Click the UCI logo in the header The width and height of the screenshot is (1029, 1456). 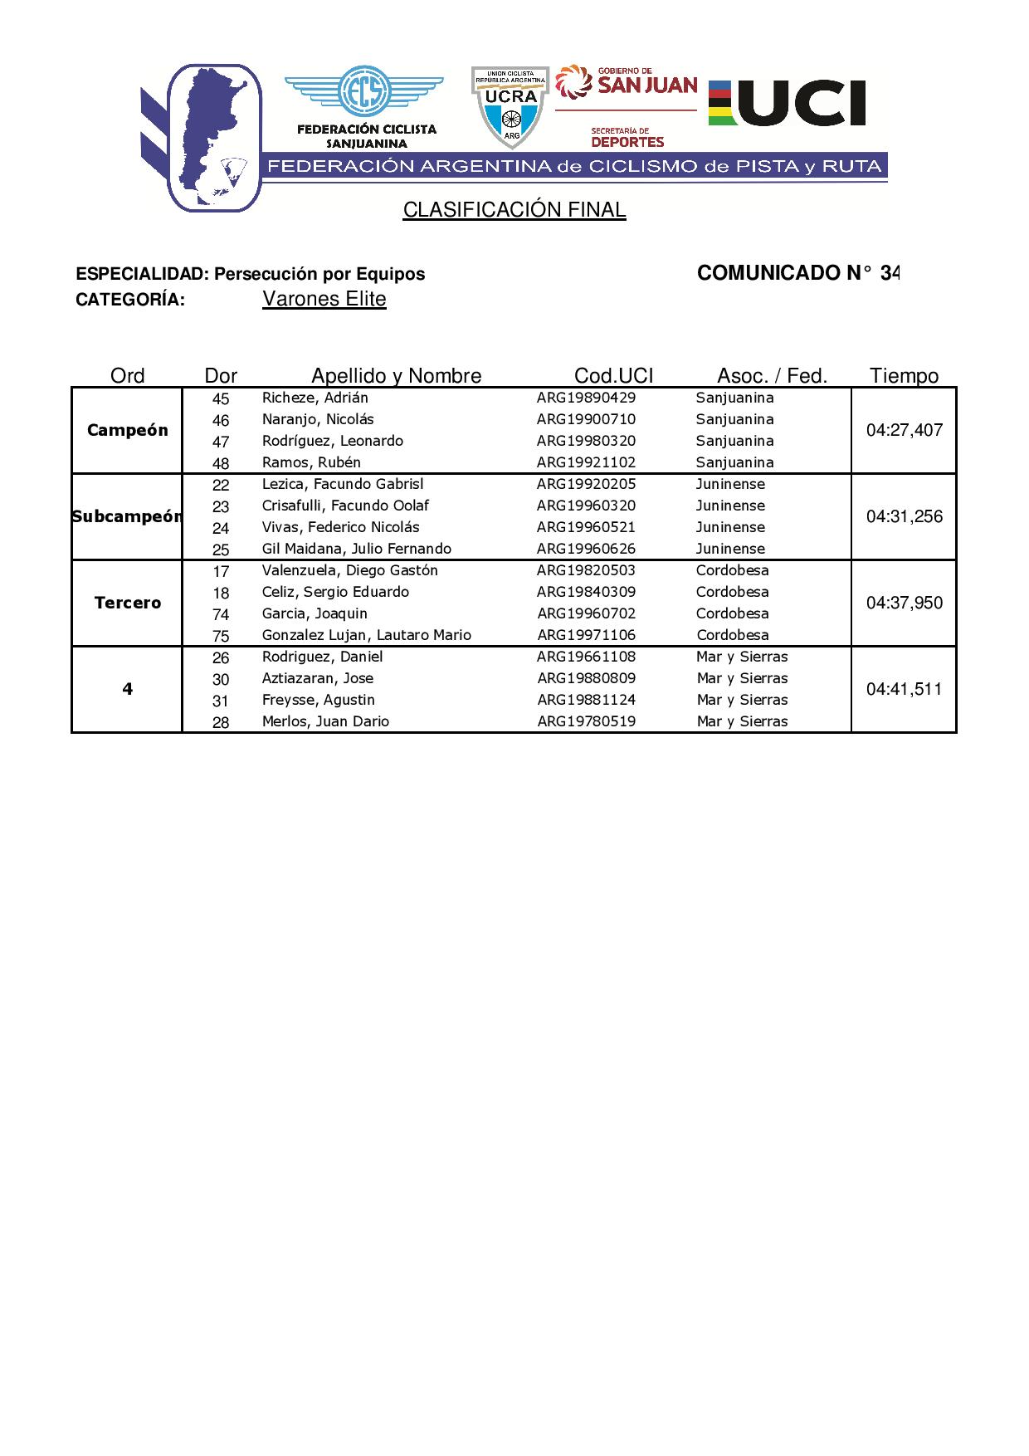(787, 103)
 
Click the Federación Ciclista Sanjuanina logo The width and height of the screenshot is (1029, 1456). (365, 108)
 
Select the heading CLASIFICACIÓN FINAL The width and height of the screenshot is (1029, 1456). (514, 210)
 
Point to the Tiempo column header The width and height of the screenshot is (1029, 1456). (904, 376)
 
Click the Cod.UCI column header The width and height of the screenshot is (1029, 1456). (613, 376)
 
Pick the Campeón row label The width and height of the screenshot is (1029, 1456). (127, 430)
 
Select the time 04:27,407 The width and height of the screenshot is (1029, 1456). (904, 430)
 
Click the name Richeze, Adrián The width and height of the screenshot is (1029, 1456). (315, 398)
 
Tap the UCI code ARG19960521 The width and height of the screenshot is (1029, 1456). (586, 527)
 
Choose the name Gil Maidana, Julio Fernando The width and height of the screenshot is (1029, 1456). (357, 549)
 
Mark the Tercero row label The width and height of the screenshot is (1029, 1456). (127, 603)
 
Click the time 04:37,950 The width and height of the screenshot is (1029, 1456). (904, 603)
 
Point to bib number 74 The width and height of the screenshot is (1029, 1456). (221, 614)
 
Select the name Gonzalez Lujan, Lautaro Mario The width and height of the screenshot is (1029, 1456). (367, 635)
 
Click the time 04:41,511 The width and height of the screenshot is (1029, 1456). (904, 689)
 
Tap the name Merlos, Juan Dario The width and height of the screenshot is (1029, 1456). (325, 721)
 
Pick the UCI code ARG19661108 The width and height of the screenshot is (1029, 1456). (586, 657)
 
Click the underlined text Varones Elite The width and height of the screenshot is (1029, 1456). (324, 299)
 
